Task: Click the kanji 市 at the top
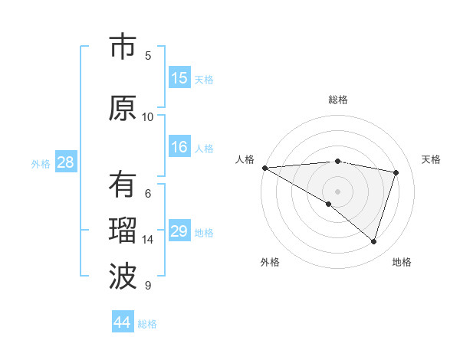123,47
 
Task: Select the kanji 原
123,108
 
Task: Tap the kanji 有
123,185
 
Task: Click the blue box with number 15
179,78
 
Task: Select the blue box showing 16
179,147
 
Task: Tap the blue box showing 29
179,231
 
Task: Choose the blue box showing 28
65,162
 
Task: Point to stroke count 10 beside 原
148,116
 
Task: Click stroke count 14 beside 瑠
148,240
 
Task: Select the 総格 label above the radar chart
338,100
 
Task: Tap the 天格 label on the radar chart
432,159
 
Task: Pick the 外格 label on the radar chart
270,262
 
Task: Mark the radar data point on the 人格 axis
264,167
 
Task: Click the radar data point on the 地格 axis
374,241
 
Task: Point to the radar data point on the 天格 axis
396,172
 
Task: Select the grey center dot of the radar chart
337,191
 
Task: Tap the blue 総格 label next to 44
147,324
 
